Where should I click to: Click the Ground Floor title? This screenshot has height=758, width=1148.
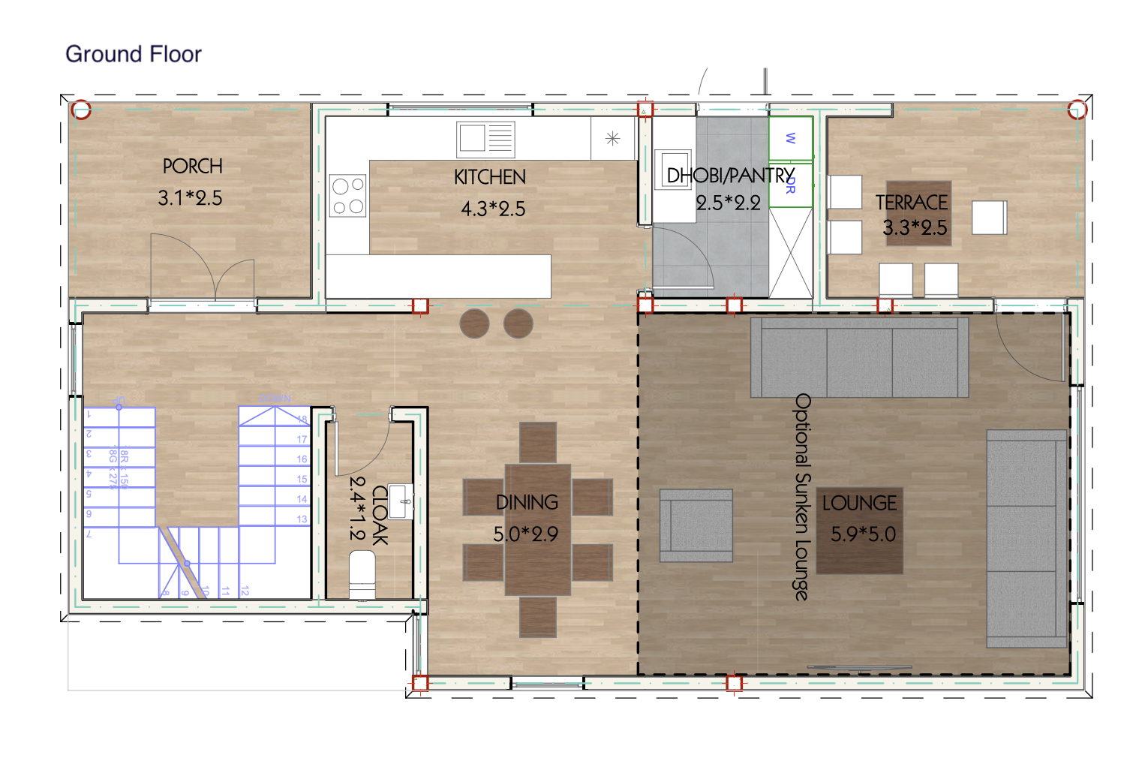[134, 54]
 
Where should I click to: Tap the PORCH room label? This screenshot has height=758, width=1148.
[192, 166]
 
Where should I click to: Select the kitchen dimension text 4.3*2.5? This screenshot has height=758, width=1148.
[493, 209]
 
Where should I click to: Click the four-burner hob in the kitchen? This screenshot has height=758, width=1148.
[347, 195]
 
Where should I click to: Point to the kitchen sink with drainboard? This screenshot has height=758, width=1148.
[485, 139]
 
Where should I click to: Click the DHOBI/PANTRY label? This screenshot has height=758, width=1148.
[730, 176]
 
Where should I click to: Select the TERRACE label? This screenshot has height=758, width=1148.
[912, 203]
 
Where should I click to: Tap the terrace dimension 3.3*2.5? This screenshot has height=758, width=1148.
[915, 227]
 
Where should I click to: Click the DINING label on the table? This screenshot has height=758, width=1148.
[527, 502]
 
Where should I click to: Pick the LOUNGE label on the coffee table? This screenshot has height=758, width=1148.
[859, 503]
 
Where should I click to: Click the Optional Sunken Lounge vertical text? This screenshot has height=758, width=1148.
[802, 497]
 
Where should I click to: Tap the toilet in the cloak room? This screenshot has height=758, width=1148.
[362, 575]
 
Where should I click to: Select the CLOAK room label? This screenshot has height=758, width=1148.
[380, 515]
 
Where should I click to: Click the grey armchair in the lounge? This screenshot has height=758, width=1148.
[696, 525]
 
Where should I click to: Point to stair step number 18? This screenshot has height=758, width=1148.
[302, 420]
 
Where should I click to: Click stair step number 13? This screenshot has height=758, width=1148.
[302, 519]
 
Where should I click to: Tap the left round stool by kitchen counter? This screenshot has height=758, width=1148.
[474, 323]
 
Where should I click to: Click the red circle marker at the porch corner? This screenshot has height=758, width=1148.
[81, 110]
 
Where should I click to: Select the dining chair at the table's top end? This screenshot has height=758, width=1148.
[538, 442]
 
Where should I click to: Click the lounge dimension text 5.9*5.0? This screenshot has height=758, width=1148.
[863, 534]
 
